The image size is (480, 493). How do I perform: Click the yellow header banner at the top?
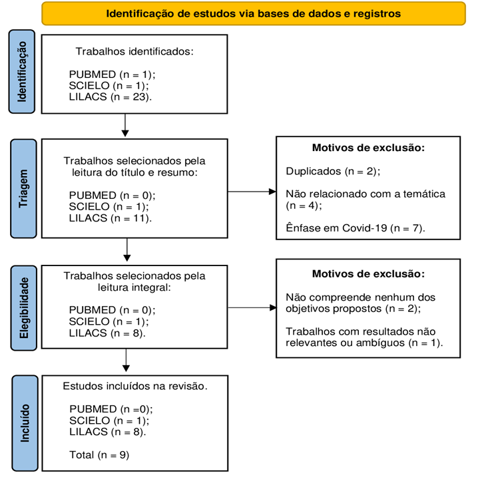(x=254, y=13)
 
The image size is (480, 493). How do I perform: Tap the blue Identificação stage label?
(x=22, y=72)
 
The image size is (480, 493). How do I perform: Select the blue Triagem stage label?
(x=23, y=188)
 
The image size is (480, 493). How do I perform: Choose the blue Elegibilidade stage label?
(x=23, y=308)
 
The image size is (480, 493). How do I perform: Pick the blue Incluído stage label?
(x=25, y=423)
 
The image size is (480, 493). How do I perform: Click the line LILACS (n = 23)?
(x=111, y=97)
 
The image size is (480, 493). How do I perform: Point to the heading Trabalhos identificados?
(x=134, y=51)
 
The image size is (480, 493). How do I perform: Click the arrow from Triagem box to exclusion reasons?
(x=252, y=191)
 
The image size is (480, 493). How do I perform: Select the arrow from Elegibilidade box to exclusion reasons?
(x=252, y=307)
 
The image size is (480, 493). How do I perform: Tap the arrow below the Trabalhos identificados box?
(x=125, y=125)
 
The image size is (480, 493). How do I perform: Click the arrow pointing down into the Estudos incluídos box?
(x=126, y=361)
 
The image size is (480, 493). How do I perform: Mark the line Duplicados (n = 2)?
(x=333, y=172)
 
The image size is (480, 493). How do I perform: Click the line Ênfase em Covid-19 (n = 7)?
(x=356, y=228)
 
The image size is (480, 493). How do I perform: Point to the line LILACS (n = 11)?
(x=111, y=218)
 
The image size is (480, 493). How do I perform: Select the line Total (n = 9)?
(x=99, y=455)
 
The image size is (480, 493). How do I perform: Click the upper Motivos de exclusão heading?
(x=368, y=148)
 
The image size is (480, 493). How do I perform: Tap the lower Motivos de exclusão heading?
(x=368, y=274)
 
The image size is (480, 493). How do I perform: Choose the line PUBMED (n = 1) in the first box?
(x=113, y=75)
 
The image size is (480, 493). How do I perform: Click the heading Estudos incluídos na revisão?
(x=135, y=386)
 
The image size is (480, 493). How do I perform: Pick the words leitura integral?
(x=134, y=287)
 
